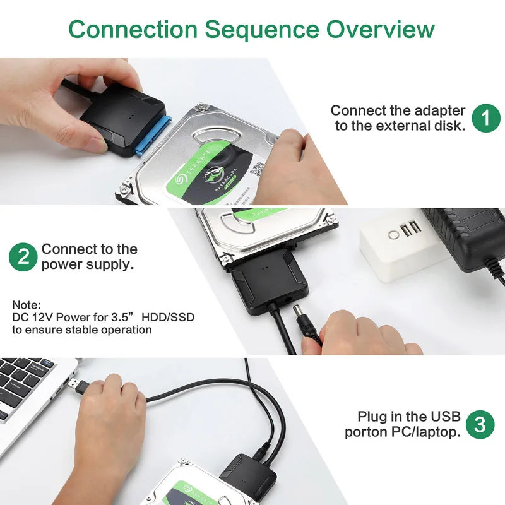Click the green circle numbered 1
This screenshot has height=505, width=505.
pyautogui.click(x=485, y=117)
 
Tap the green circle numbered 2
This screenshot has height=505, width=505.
pyautogui.click(x=23, y=257)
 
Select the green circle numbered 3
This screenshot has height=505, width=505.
pyautogui.click(x=480, y=424)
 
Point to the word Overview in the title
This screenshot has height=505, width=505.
pyautogui.click(x=381, y=29)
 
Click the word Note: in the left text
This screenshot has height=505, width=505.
pyautogui.click(x=26, y=304)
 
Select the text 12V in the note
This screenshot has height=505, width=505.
pyautogui.click(x=44, y=317)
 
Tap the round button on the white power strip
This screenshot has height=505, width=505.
pyautogui.click(x=394, y=235)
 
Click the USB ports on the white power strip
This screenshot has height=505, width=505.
pyautogui.click(x=411, y=229)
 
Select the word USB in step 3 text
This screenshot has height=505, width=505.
pyautogui.click(x=446, y=417)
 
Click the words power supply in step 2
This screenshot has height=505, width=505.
pyautogui.click(x=88, y=264)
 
